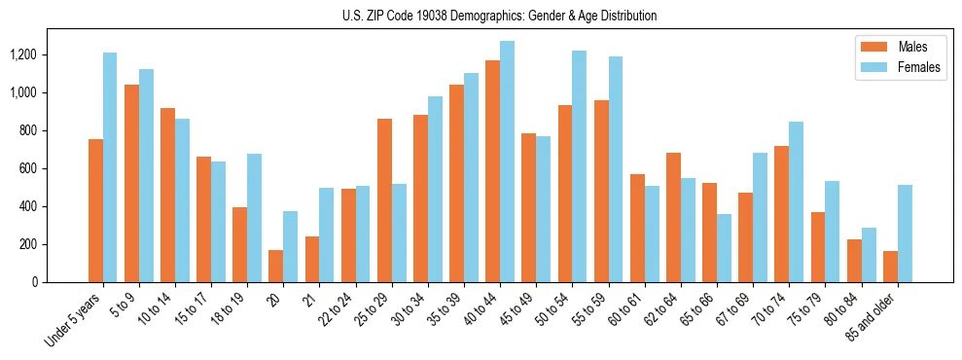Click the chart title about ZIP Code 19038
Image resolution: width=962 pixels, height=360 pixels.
[x=499, y=16]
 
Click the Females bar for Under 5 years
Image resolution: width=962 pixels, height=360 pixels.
[x=110, y=167]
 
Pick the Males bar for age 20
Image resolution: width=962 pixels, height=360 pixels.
[x=275, y=266]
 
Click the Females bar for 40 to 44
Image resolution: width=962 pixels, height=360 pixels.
[x=507, y=162]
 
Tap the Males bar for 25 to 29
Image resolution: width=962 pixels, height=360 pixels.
[x=384, y=200]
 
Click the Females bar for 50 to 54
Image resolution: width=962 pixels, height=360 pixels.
[x=579, y=166]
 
